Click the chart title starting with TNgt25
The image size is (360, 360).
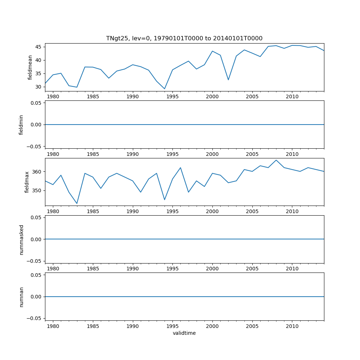tap(184, 38)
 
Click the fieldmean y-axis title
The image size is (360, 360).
tap(30, 67)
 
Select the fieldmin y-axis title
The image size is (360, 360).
tap(21, 125)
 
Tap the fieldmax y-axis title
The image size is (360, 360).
tap(27, 182)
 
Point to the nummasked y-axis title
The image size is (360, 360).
tap(21, 239)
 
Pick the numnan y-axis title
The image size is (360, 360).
tap(21, 297)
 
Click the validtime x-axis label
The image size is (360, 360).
tap(184, 333)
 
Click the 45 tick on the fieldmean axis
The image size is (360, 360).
tap(38, 47)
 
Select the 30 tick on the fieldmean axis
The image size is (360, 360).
tap(38, 87)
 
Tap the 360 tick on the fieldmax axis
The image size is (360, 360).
tap(37, 171)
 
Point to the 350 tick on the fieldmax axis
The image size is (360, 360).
tap(37, 190)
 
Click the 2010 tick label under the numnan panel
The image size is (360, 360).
tap(292, 326)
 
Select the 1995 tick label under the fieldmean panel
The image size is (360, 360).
tap(172, 97)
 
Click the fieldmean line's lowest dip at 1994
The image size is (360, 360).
tap(165, 89)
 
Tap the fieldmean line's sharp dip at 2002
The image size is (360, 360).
tap(228, 80)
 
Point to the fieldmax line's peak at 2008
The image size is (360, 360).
tap(276, 160)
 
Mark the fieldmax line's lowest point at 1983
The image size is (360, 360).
tap(77, 203)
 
